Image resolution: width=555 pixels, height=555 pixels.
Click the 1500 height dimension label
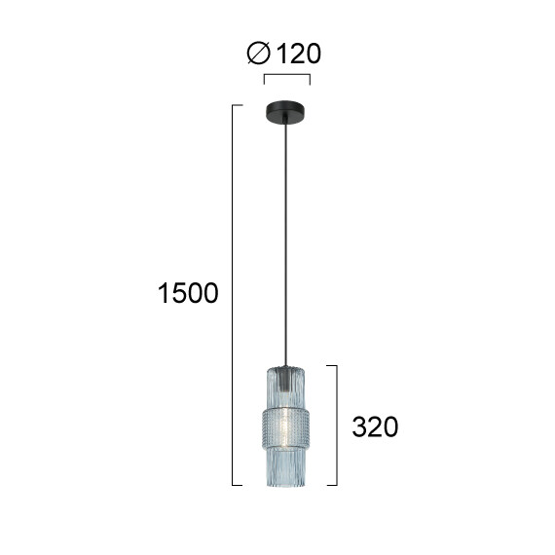point(188,293)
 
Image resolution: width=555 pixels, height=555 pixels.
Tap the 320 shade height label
point(375,426)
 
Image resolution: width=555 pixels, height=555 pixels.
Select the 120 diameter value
point(298,54)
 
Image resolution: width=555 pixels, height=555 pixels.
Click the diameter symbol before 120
point(259,54)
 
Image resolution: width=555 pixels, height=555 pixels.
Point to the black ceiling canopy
point(285,112)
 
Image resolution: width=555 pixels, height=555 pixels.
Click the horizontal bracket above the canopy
point(287,75)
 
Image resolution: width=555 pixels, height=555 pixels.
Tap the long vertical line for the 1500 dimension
point(232,295)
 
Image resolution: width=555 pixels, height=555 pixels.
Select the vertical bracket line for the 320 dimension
point(337,425)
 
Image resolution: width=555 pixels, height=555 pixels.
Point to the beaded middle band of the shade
point(285,427)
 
